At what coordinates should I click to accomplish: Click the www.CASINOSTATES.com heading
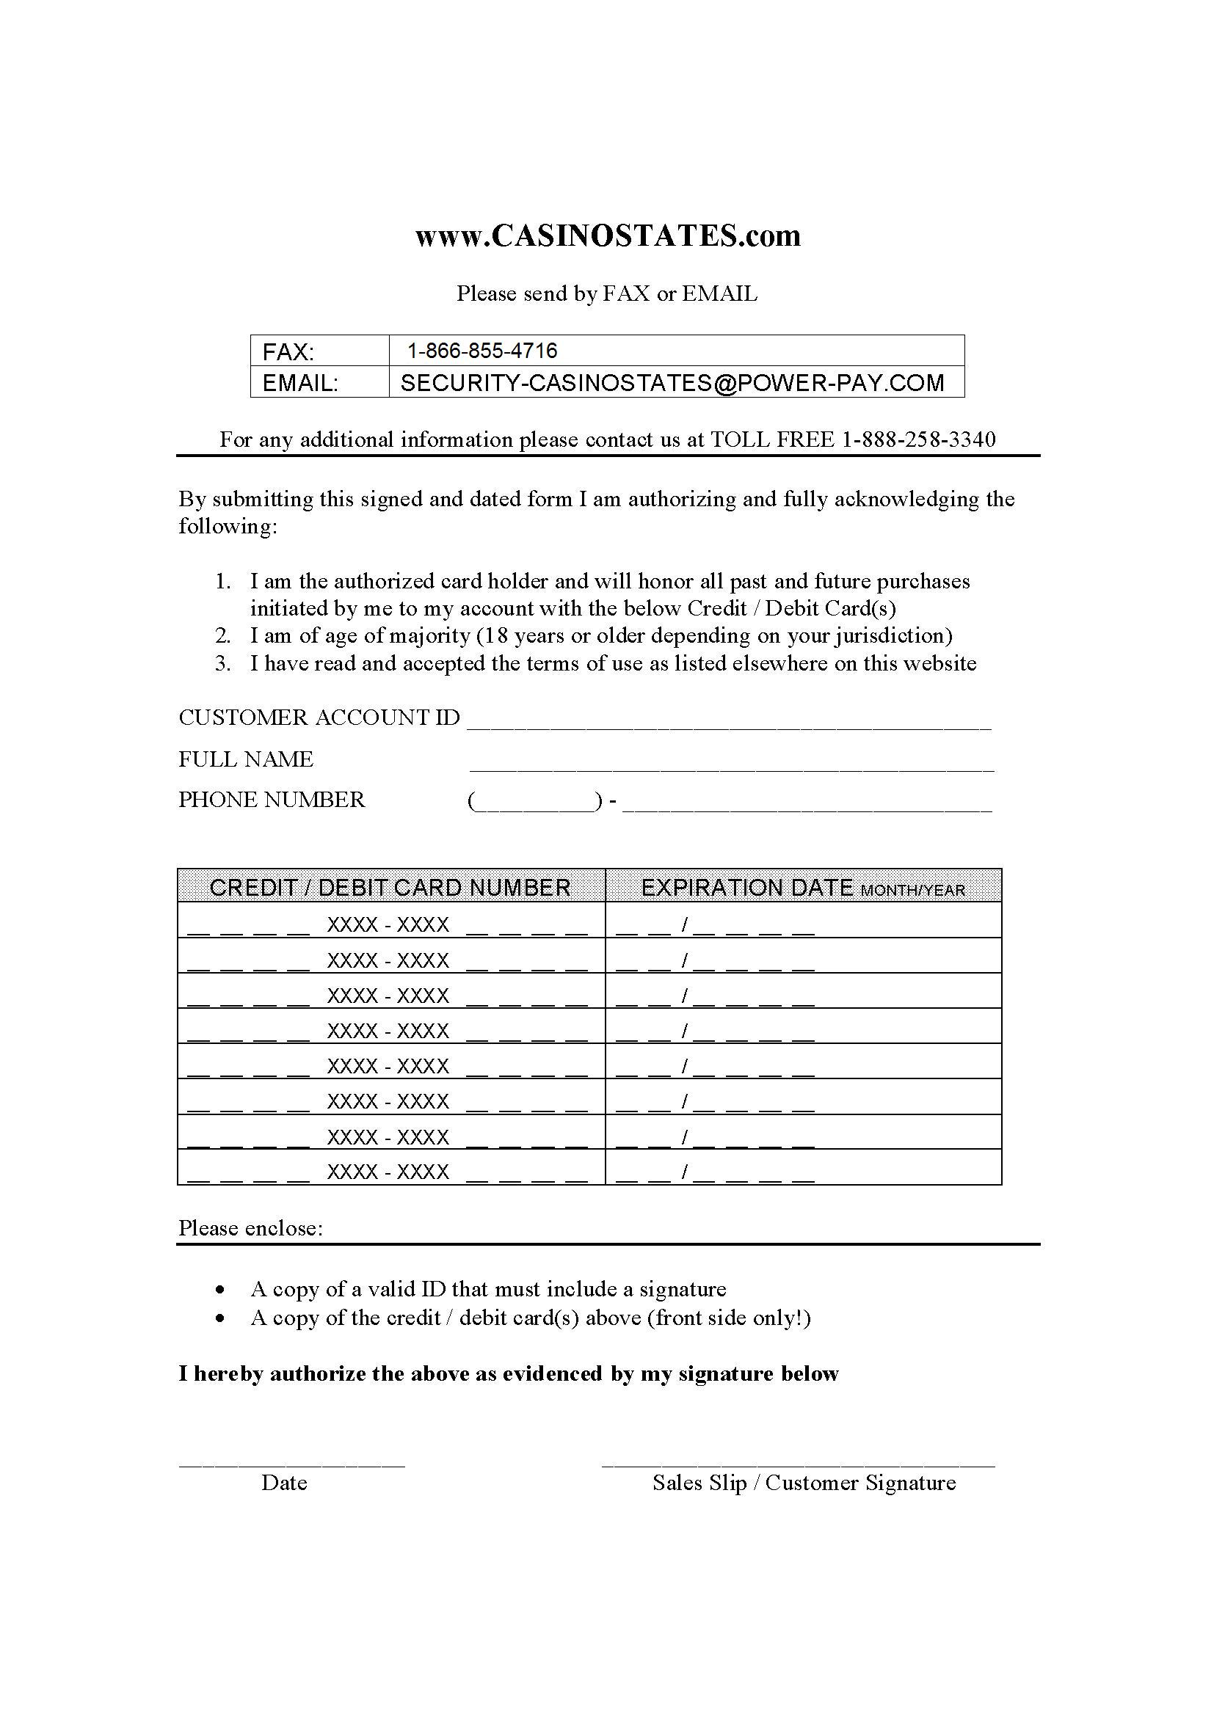607,236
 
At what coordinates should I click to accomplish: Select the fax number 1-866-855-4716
482,351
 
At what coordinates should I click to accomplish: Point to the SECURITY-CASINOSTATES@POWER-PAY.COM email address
672,383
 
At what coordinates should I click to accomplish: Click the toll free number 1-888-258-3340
919,439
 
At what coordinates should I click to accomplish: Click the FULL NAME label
246,759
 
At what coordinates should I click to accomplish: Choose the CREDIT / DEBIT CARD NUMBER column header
390,887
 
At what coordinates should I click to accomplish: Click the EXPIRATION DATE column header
802,887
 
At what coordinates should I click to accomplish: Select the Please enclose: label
250,1229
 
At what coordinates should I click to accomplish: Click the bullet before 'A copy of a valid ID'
219,1290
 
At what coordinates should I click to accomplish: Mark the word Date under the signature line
284,1483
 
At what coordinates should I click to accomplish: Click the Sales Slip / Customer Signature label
804,1483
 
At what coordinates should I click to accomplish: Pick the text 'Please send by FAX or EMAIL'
607,293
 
